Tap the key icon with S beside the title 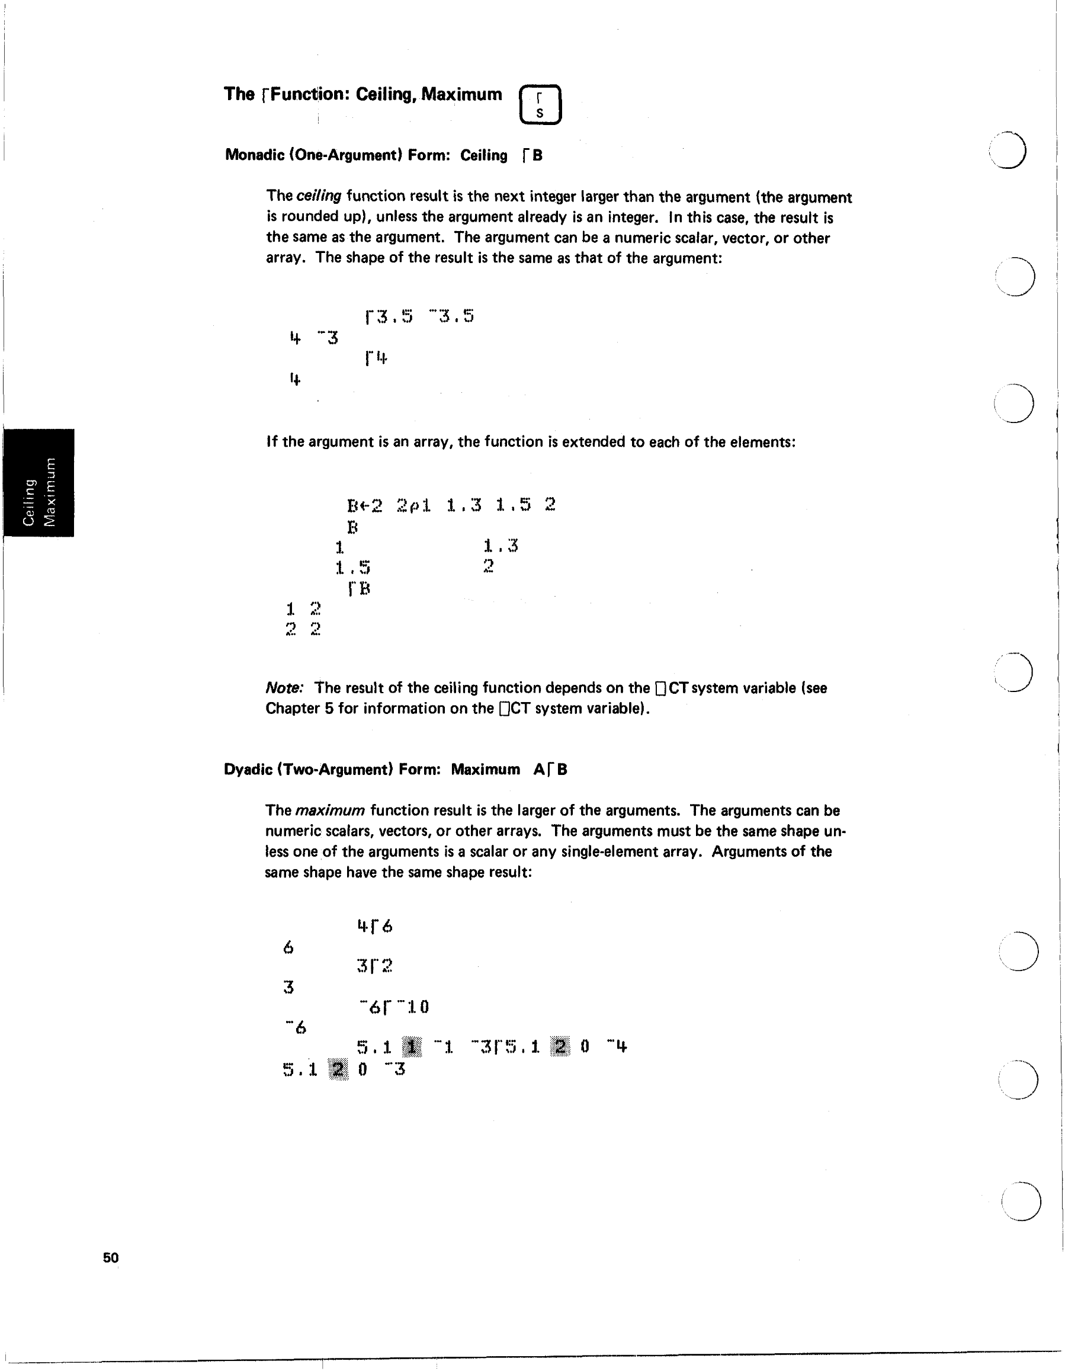click(x=540, y=105)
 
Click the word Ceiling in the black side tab click(x=28, y=502)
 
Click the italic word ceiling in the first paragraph click(x=318, y=196)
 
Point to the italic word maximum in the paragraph click(x=329, y=811)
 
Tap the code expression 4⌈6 click(x=375, y=926)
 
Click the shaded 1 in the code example click(x=412, y=1046)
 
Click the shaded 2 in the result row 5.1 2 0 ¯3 click(x=338, y=1068)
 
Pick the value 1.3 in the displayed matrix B click(x=500, y=546)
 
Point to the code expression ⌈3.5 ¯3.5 click(x=419, y=316)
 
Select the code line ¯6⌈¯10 click(x=394, y=1007)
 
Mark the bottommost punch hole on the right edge click(x=1021, y=1202)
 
